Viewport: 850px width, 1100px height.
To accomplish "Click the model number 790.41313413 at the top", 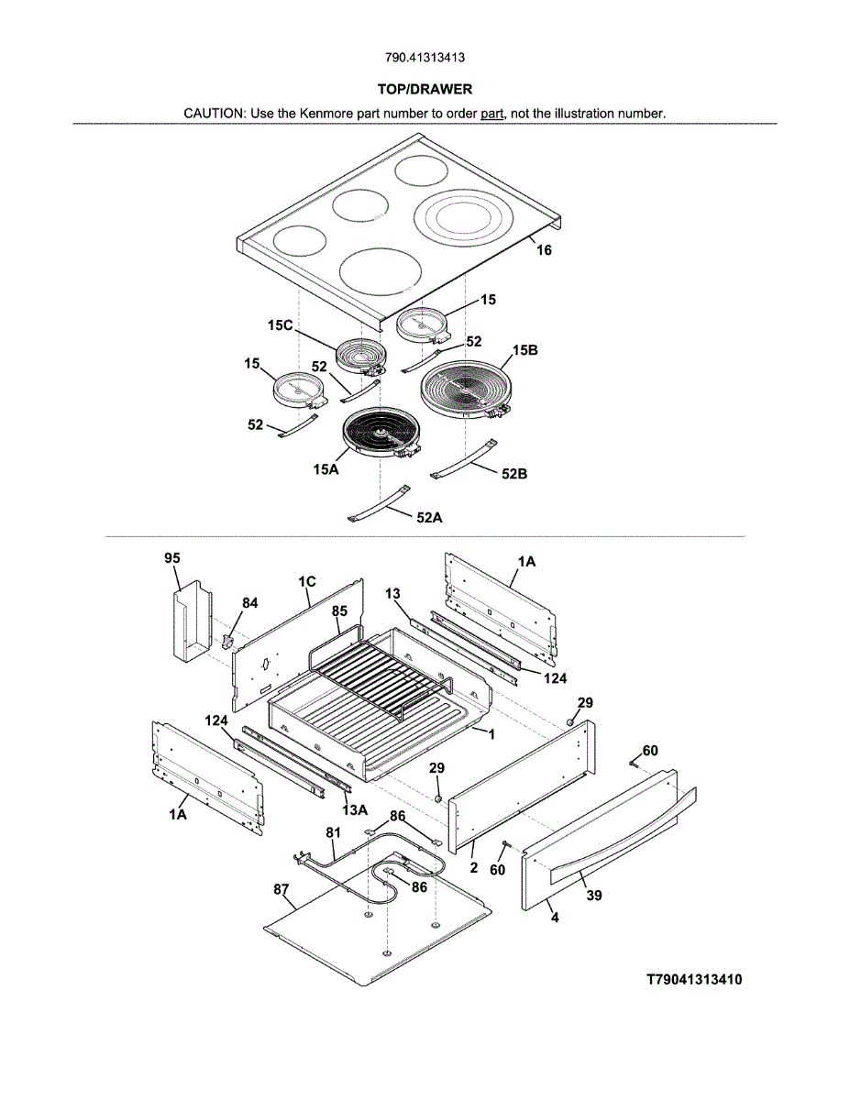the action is pyautogui.click(x=425, y=58).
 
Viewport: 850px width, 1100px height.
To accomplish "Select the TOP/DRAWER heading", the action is pyautogui.click(x=425, y=90).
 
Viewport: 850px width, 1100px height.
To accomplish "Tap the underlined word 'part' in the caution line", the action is pyautogui.click(x=491, y=114).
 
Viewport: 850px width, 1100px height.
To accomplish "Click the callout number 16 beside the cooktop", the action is pyautogui.click(x=544, y=250).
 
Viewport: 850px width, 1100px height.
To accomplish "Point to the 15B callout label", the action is pyautogui.click(x=525, y=350).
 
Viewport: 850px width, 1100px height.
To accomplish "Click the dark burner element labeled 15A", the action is pyautogui.click(x=381, y=434).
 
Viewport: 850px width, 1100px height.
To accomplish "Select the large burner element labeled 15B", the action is pyautogui.click(x=466, y=390).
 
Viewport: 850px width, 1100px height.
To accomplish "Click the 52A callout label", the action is pyautogui.click(x=429, y=517).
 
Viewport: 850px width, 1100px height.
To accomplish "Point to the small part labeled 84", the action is pyautogui.click(x=227, y=641).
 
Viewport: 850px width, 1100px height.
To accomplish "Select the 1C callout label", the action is pyautogui.click(x=307, y=582).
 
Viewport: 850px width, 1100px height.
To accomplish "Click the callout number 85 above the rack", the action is pyautogui.click(x=339, y=611).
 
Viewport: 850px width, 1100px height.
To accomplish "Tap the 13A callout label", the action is pyautogui.click(x=355, y=810).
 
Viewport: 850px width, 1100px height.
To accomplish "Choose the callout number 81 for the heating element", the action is pyautogui.click(x=333, y=832).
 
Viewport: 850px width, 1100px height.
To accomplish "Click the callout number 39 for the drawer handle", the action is pyautogui.click(x=594, y=896).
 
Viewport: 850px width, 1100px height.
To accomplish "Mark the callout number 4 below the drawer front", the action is pyautogui.click(x=555, y=918).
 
